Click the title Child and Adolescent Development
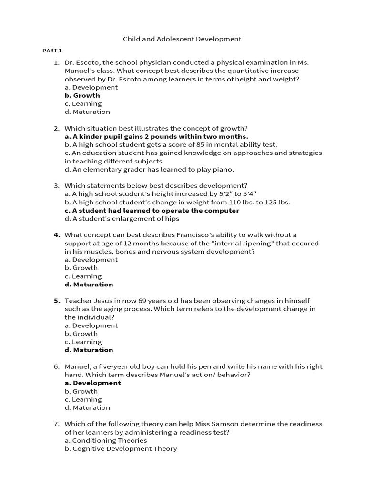tap(182, 39)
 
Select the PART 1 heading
tap(52, 51)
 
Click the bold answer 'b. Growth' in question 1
tap(82, 95)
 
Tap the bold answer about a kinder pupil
tap(156, 136)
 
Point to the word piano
tap(224, 169)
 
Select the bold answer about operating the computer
tap(152, 210)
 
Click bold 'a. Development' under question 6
tap(93, 383)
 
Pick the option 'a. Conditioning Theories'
tap(106, 440)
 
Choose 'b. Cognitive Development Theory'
tap(121, 448)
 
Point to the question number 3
tap(56, 185)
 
